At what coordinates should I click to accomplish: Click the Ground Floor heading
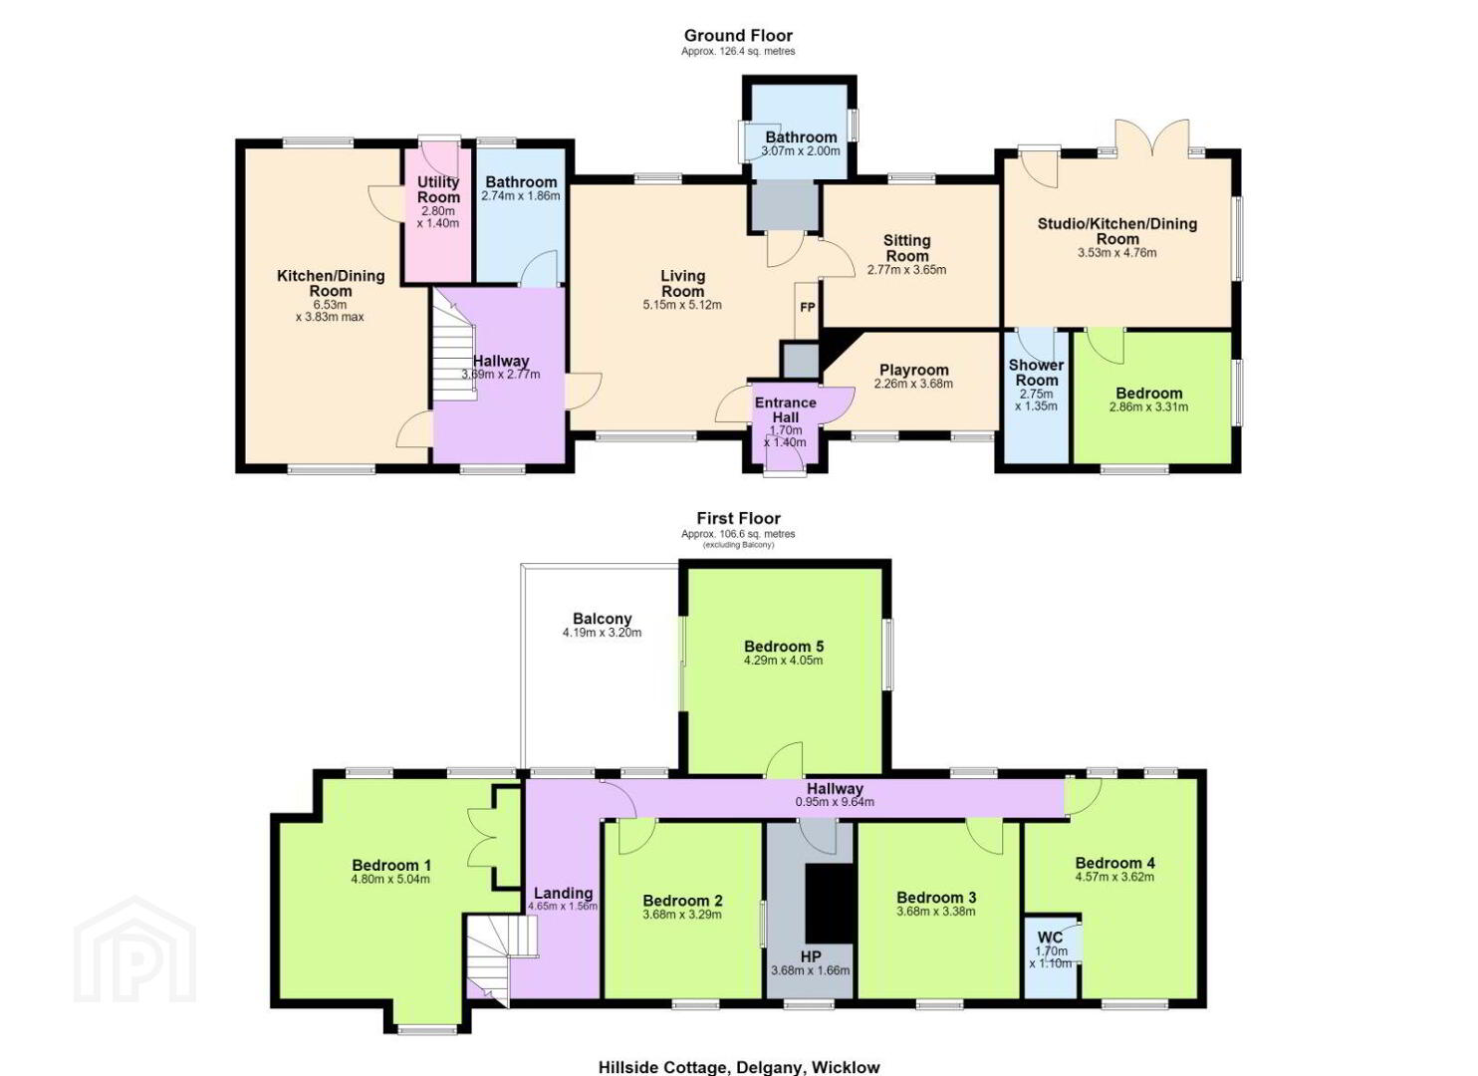738,36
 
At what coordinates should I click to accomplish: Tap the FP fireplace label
808,308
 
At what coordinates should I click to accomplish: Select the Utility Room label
439,189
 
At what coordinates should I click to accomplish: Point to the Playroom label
914,370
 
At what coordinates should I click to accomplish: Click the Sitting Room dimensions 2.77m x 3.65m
906,270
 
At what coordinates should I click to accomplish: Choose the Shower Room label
1037,373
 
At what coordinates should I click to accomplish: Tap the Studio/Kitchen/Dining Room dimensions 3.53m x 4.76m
1117,253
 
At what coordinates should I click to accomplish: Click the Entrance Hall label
785,409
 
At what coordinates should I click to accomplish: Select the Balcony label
603,619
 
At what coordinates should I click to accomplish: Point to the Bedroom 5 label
784,647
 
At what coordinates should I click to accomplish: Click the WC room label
1051,938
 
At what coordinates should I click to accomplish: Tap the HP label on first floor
811,957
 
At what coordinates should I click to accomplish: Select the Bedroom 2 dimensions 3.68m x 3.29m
682,915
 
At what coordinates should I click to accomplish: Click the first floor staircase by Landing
502,958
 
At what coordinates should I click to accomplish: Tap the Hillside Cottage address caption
739,1067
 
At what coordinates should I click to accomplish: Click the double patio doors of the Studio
1152,137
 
